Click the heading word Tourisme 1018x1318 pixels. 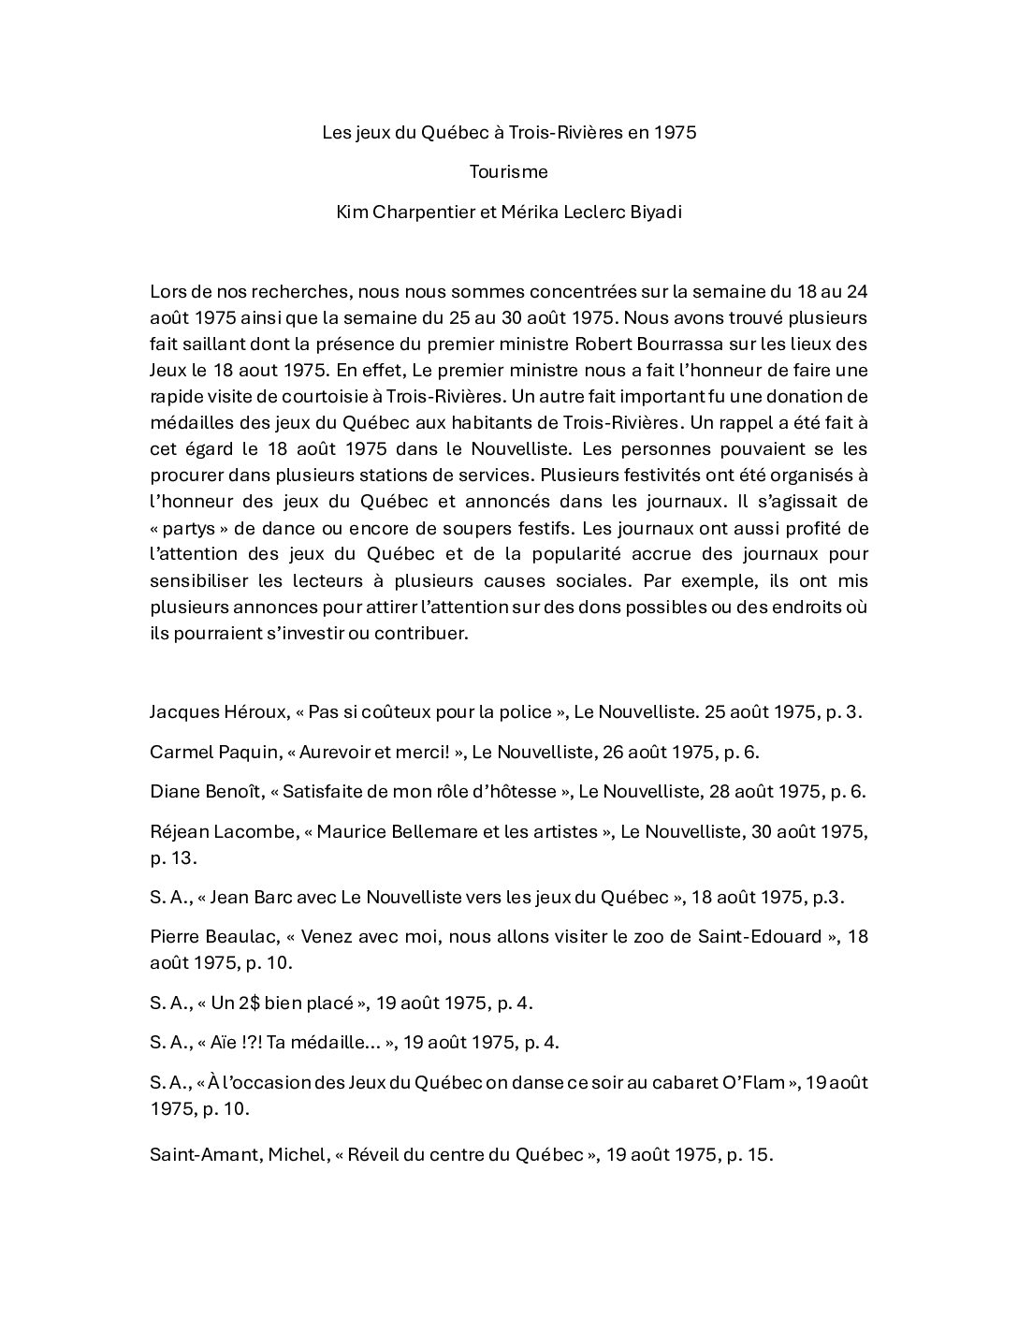coord(509,172)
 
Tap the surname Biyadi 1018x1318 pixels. coord(654,212)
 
